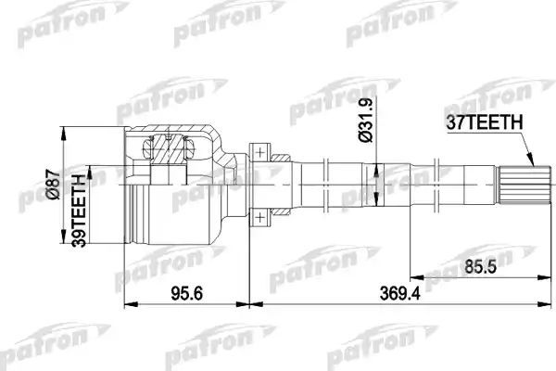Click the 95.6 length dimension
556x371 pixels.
187,294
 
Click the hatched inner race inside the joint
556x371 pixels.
169,147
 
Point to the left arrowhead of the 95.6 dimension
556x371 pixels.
127,304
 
